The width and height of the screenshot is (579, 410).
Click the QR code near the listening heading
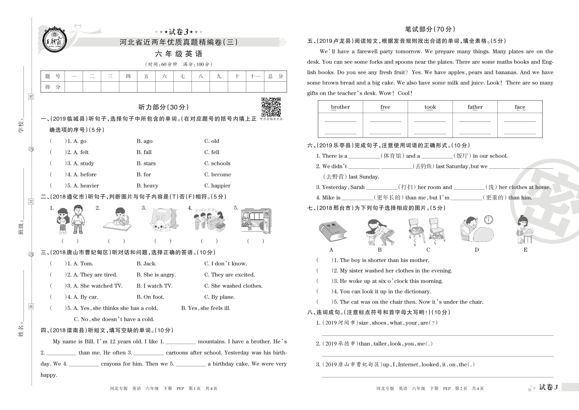271,107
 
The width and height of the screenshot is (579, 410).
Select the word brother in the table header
340,107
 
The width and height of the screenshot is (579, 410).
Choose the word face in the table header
520,107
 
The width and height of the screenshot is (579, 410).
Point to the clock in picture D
488,219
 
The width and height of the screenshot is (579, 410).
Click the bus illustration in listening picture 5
256,220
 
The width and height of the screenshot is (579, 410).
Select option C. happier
217,186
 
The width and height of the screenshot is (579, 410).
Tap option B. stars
146,163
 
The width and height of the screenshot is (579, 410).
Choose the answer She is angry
156,275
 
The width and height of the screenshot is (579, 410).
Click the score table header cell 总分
275,76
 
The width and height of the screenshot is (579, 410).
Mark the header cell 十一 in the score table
255,76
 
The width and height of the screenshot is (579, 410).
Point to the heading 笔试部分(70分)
430,29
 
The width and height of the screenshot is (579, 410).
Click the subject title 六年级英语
179,54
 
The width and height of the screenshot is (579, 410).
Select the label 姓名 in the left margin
21,331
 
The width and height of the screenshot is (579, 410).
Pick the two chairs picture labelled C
427,231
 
